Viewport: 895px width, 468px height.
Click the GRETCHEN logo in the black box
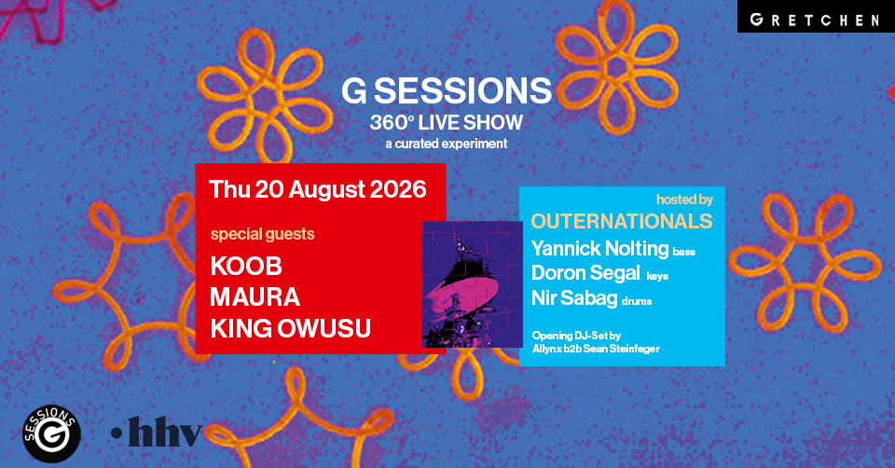[815, 20]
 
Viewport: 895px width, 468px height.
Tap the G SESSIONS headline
[447, 90]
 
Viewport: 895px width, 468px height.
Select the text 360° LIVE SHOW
[447, 122]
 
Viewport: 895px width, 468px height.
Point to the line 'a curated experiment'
[447, 144]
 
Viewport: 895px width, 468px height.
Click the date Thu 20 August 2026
[317, 189]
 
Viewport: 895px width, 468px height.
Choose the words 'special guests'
[263, 234]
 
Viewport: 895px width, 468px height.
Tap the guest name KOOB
[246, 266]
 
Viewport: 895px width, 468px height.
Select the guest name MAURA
[255, 297]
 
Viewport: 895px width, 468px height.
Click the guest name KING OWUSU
[291, 329]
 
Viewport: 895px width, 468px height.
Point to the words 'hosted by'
[684, 200]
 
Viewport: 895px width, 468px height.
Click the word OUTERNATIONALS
[622, 221]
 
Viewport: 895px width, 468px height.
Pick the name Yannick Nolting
[599, 248]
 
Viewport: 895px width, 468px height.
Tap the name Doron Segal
[585, 273]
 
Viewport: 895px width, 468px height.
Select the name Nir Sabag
[574, 298]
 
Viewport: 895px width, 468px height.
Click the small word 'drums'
[637, 301]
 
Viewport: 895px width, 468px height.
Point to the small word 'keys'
[657, 276]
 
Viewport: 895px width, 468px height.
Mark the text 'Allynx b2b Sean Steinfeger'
[596, 348]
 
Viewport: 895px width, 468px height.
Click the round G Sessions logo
[51, 434]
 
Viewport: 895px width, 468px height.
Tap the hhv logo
[157, 432]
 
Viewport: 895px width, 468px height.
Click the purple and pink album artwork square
[472, 284]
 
